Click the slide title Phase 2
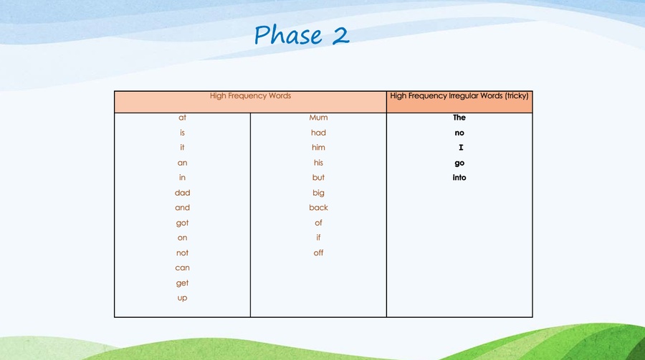pos(302,34)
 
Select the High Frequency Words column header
pos(250,96)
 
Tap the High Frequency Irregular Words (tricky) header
pos(459,96)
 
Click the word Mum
pos(318,118)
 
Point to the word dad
pos(182,192)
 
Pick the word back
pos(318,207)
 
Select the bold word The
pos(459,118)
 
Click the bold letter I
pos(461,147)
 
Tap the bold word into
pos(459,177)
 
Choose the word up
pos(182,298)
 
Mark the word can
pos(182,267)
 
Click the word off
pos(318,252)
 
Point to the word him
pos(318,147)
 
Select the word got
pos(182,223)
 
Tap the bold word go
pos(459,163)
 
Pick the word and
pos(182,207)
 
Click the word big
pos(318,193)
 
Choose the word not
pos(182,252)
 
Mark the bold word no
pos(459,133)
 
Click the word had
pos(318,133)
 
